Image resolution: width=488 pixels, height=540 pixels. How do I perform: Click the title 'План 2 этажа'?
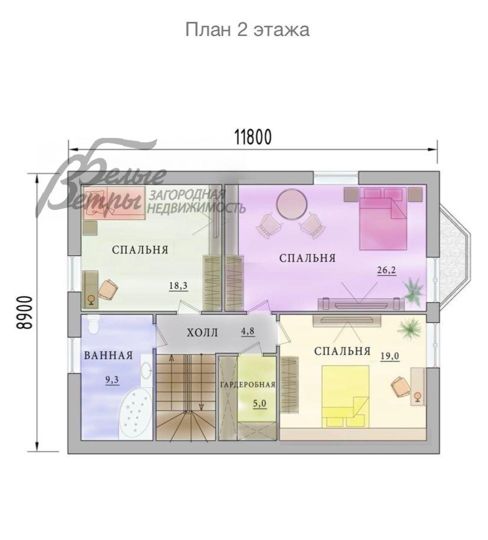[247, 29]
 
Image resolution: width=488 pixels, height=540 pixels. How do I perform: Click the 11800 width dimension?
[253, 137]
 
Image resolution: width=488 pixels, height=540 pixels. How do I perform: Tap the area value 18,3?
[178, 286]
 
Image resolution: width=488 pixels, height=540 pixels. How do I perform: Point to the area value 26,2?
[386, 271]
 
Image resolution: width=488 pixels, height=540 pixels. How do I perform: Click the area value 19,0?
[390, 355]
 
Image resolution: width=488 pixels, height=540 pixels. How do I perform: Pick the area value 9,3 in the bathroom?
[112, 380]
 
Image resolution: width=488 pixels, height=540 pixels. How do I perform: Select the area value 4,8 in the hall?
[248, 331]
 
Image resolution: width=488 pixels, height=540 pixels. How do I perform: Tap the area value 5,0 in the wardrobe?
[260, 404]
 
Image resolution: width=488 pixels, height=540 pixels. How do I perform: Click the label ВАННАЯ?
[108, 355]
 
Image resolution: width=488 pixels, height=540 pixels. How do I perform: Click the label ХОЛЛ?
[202, 333]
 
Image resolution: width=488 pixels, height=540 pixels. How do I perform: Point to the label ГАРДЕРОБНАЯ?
[248, 385]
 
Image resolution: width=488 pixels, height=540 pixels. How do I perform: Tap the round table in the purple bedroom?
[292, 204]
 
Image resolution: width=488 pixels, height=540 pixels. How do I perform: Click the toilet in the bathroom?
[93, 326]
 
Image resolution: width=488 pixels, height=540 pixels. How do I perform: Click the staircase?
[185, 396]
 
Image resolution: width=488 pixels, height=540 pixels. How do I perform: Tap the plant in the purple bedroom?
[413, 291]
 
